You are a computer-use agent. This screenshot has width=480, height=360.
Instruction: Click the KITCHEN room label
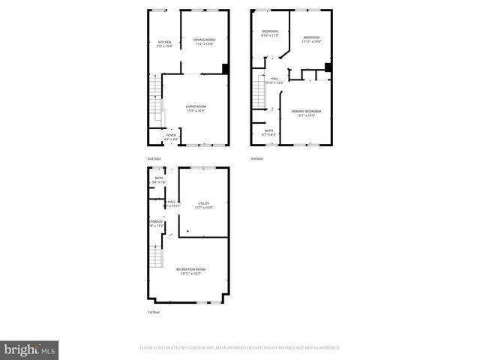(x=164, y=43)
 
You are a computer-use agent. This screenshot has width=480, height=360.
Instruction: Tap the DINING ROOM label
(x=204, y=41)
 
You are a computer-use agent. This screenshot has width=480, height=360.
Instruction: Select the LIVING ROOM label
(x=196, y=108)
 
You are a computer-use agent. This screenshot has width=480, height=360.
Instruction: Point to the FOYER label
(x=172, y=136)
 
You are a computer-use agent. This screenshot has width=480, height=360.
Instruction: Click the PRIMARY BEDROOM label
(x=304, y=112)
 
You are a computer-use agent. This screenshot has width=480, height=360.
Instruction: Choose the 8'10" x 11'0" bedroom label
(x=269, y=33)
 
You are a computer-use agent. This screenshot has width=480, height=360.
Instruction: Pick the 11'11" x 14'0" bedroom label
(x=311, y=39)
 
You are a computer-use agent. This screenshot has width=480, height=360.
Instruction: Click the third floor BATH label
(x=268, y=132)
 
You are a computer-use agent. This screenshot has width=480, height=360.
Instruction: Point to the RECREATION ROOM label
(x=191, y=271)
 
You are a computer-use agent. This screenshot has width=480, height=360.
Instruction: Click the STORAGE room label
(x=155, y=223)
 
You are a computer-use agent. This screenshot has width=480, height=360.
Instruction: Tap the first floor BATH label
(x=158, y=180)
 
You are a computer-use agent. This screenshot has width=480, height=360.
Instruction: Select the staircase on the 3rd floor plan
(x=259, y=93)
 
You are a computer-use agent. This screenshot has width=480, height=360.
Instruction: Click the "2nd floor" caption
(x=154, y=159)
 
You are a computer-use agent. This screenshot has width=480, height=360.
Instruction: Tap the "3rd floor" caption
(x=257, y=159)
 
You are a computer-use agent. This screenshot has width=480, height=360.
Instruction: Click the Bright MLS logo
(x=30, y=349)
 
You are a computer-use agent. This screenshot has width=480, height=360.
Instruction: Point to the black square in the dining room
(x=225, y=69)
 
